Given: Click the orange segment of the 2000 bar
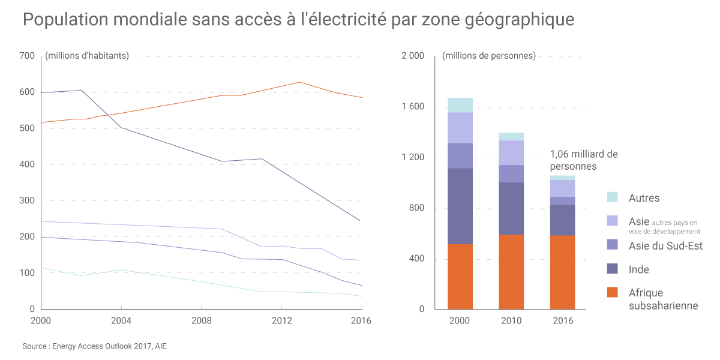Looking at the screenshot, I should coord(460,277).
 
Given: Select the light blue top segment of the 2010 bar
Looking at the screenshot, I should coord(511,137).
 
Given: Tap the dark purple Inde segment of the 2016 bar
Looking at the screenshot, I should coord(562,220).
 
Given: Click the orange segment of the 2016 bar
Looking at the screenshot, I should coord(562,272).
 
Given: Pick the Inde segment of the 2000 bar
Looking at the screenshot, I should coord(460,206).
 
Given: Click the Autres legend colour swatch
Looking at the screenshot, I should coord(612,197).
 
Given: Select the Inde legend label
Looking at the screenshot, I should coord(639,270).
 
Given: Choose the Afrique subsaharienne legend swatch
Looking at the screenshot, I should coord(612,293).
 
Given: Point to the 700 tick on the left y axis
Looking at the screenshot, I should coord(28,56).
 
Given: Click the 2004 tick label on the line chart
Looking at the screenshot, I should coord(121,321).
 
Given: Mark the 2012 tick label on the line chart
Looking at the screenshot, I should coord(281,321).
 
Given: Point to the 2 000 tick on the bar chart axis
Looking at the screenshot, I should coord(413,56).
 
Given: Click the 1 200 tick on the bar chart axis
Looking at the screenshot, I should coord(413,158).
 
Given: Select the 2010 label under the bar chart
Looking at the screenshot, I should coord(511,321).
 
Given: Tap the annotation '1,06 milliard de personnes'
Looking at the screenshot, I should coord(583,160).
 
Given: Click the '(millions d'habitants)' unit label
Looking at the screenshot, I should coord(87,56).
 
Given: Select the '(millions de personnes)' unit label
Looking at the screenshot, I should coord(489,56).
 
